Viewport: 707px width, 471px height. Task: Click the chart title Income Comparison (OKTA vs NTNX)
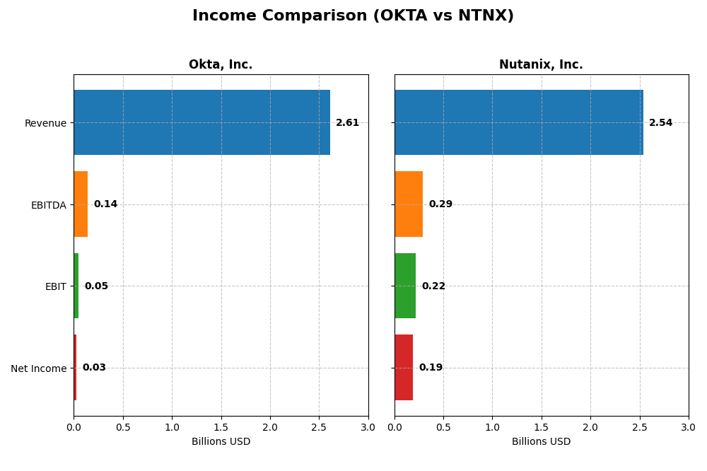coord(353,16)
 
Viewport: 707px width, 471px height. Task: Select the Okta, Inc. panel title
coord(221,64)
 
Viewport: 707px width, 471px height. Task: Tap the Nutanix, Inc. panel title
coord(541,64)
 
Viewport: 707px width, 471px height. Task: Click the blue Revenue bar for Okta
coord(201,122)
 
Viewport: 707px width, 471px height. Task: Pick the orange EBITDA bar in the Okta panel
coord(81,204)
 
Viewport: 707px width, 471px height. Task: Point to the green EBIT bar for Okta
coord(76,286)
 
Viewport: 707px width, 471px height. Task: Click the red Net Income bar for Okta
coord(75,367)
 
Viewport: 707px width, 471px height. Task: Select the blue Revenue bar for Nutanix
coord(518,122)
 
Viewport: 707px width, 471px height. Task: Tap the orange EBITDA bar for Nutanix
coord(409,204)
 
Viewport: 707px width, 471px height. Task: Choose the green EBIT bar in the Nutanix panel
coord(405,286)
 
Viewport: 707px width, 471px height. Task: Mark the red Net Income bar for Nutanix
coord(404,367)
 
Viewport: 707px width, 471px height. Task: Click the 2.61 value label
coord(347,122)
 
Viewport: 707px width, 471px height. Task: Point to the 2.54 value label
coord(660,122)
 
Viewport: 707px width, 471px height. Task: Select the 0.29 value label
coord(440,204)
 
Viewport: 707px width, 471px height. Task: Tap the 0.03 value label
coord(94,368)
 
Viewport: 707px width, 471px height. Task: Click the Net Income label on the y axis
coord(39,368)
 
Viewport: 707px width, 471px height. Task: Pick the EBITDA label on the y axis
coord(49,205)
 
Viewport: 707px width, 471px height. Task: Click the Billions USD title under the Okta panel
coord(221,442)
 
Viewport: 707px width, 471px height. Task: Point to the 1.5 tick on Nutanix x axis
coord(542,427)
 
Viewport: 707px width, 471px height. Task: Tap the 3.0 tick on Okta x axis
coord(368,427)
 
